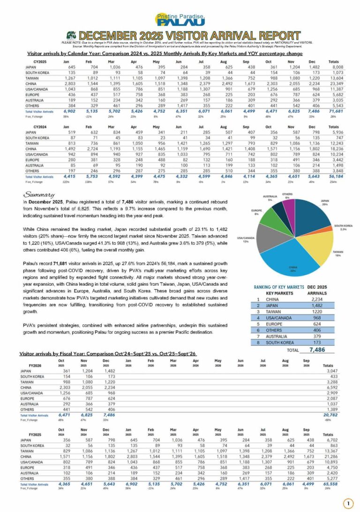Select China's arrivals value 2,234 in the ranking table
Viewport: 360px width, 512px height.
tap(319, 299)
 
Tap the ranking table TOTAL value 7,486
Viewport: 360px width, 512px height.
tap(322, 349)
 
